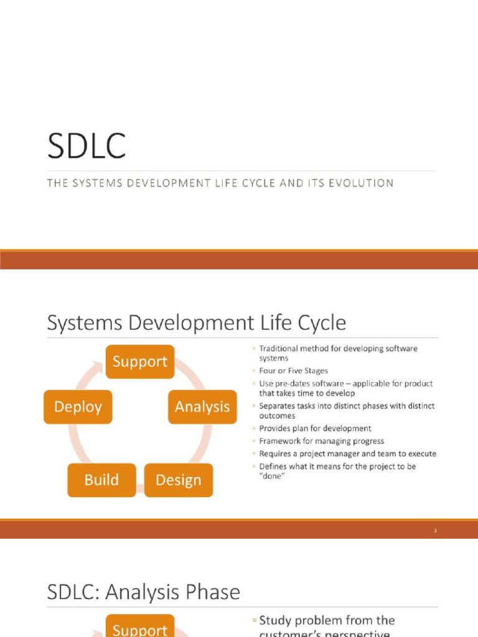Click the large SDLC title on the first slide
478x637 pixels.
tap(87, 147)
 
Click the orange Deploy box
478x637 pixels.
tap(78, 407)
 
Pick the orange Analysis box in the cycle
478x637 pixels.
tap(202, 407)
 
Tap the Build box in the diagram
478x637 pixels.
tap(101, 480)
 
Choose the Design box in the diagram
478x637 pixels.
tap(179, 480)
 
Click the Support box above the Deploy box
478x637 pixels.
tap(140, 361)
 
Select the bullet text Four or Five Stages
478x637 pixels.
tap(293, 371)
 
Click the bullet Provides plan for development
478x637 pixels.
tap(315, 428)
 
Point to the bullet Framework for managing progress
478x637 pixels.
tap(321, 441)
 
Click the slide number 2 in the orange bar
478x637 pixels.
tap(436, 531)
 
